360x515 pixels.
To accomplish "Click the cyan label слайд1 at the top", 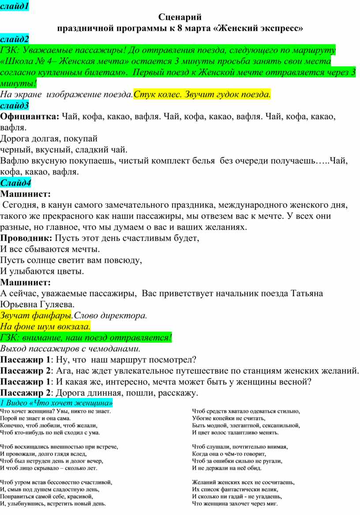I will click(14, 6).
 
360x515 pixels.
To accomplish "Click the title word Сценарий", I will click(180, 17).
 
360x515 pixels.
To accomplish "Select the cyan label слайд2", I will click(15, 39).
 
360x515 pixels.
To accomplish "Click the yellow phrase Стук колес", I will click(154, 94).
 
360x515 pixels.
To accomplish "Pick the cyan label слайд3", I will click(15, 105).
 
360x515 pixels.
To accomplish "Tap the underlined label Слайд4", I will click(15, 182).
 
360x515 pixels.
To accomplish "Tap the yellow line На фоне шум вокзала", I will click(45, 327).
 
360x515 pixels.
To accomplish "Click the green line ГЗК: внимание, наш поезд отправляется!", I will click(86, 338).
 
